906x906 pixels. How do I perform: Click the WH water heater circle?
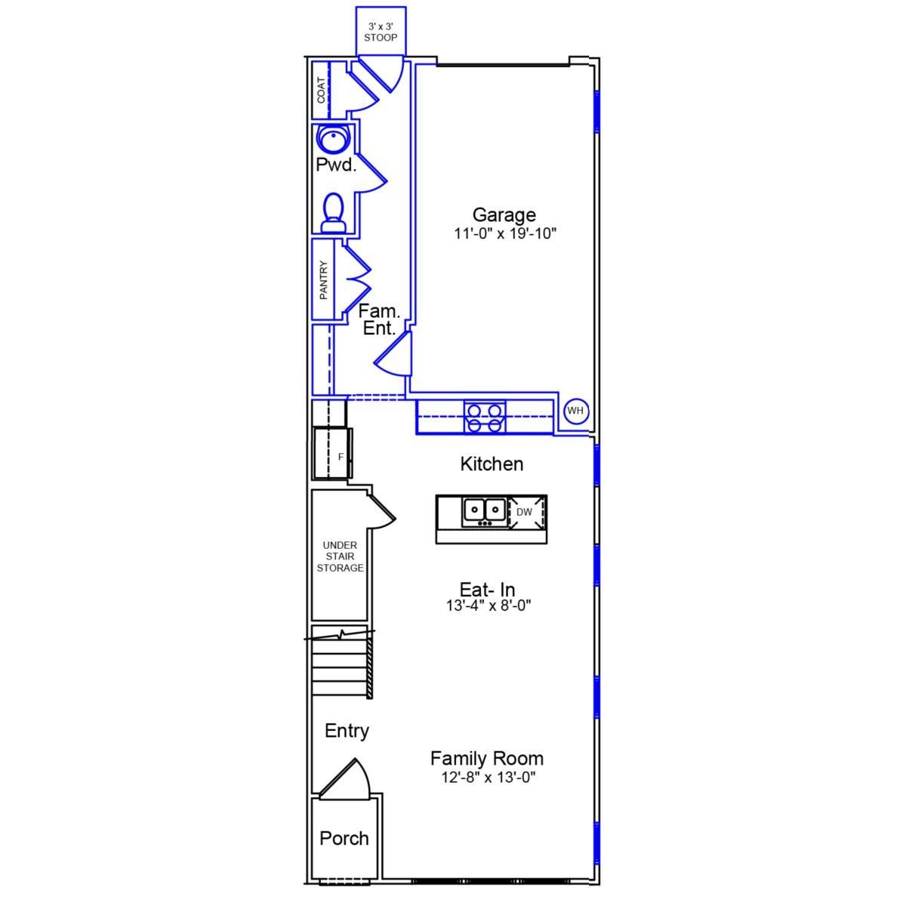[x=575, y=411]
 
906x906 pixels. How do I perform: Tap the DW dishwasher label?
[x=524, y=512]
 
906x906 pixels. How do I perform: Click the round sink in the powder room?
[x=333, y=138]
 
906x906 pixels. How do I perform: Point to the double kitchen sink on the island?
[x=484, y=511]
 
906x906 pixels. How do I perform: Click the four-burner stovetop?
[x=484, y=417]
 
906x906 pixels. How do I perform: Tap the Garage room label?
[x=504, y=215]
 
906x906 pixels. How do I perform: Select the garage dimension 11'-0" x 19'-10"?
[x=505, y=233]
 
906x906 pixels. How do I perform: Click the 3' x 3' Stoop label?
[x=381, y=32]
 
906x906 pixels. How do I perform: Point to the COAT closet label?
[x=321, y=91]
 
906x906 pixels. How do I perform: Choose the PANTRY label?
[x=323, y=280]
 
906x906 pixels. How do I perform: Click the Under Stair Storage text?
[x=340, y=556]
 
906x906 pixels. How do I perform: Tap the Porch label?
[x=344, y=838]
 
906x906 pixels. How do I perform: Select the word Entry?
[x=347, y=730]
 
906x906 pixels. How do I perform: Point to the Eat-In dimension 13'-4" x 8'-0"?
[x=488, y=605]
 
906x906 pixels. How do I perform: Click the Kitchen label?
[x=492, y=464]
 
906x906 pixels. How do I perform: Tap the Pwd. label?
[x=336, y=165]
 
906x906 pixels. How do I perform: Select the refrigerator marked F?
[x=332, y=453]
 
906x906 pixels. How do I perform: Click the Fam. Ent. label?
[x=379, y=319]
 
